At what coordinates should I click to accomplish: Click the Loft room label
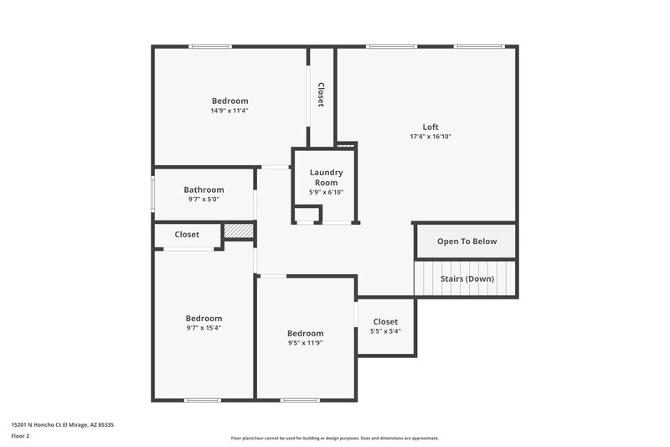pos(430,127)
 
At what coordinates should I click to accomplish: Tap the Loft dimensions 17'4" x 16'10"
pos(430,137)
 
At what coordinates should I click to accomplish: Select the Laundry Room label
pos(326,178)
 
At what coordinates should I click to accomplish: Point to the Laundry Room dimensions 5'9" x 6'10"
pos(326,192)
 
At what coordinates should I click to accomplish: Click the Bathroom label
pos(204,190)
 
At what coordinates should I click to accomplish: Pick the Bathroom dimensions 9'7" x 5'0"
pos(204,200)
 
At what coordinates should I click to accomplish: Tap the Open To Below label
pos(466,242)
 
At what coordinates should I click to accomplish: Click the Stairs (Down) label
pos(466,278)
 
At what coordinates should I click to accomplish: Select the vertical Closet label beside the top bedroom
pos(321,94)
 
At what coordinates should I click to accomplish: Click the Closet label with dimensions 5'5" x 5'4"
pos(385,322)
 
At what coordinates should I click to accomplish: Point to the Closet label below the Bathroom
pos(187,235)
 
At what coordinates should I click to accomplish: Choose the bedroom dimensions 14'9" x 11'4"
pos(229,111)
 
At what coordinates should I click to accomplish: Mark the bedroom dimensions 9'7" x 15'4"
pos(204,328)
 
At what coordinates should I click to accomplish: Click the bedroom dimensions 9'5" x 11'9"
pos(305,343)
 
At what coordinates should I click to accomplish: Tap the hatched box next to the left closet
pos(239,231)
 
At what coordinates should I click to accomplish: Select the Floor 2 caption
pos(20,436)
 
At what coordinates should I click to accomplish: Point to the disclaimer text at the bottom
pos(334,438)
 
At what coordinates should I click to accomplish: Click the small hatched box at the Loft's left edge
pos(346,146)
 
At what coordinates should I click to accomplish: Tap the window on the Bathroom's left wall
pos(152,194)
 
